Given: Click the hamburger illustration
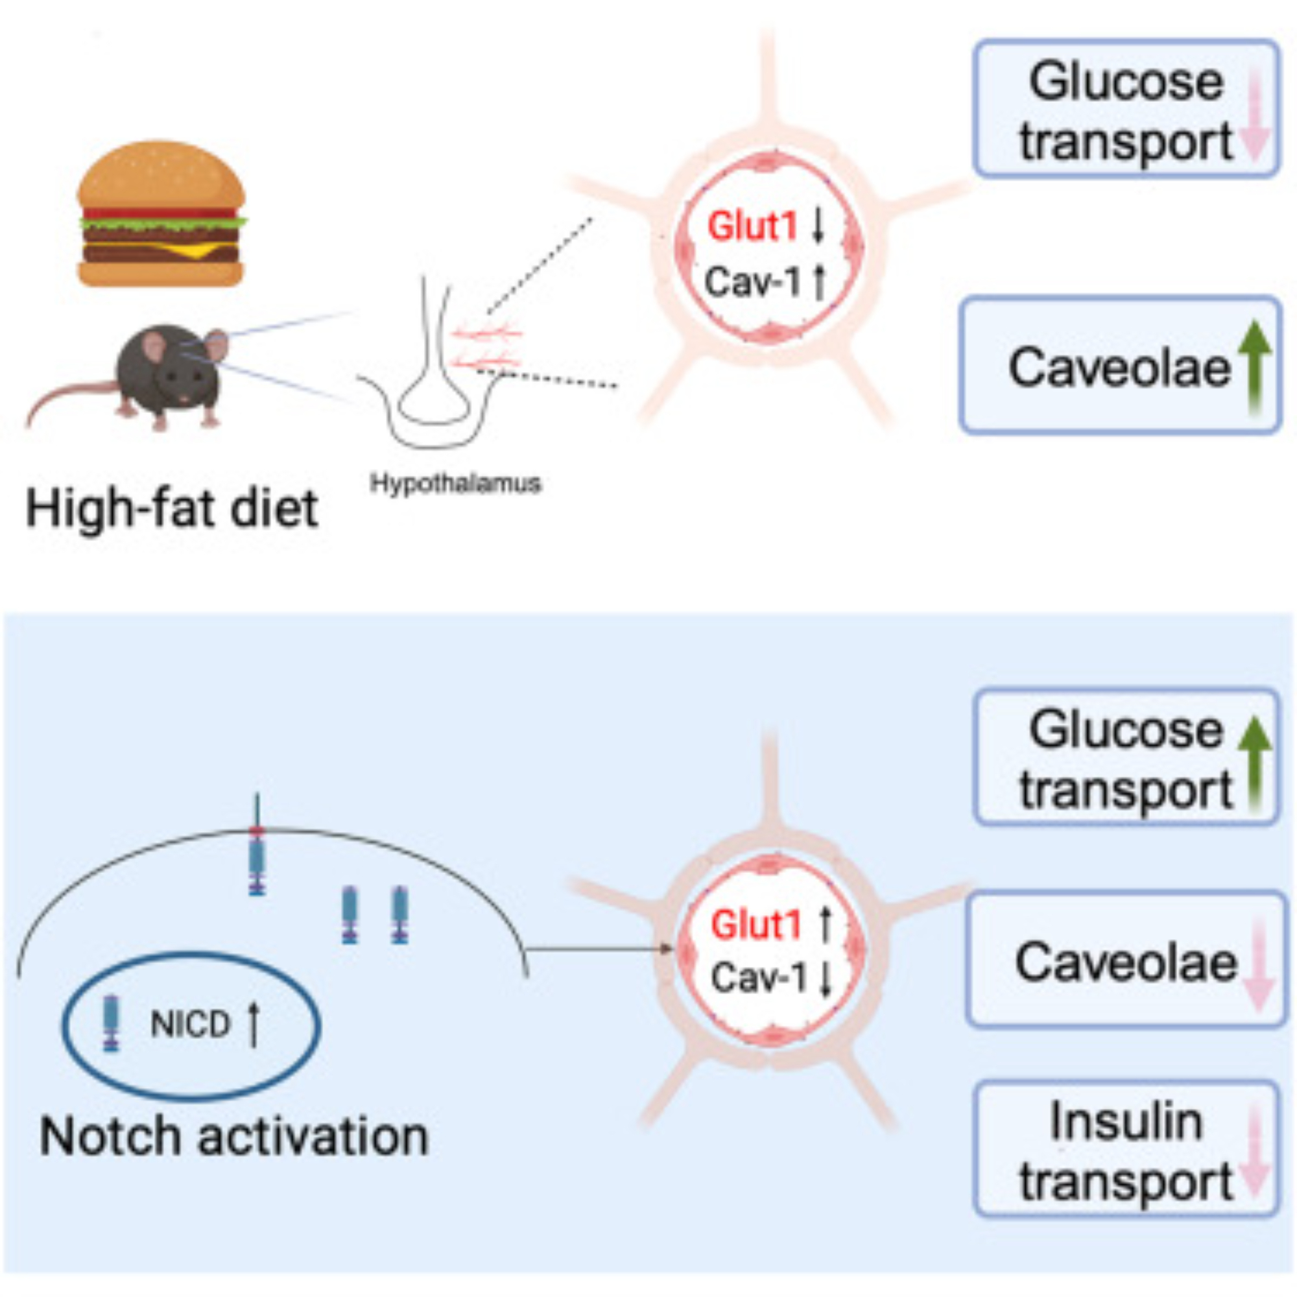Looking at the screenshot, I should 161,213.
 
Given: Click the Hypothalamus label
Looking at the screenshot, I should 456,483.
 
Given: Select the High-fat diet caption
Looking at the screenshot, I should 172,509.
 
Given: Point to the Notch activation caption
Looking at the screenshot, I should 233,1137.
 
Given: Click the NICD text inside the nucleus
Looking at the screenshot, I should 191,1025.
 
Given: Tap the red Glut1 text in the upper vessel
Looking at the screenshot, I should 752,227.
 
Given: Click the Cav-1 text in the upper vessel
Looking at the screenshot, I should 752,282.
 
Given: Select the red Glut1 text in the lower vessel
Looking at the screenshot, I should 756,925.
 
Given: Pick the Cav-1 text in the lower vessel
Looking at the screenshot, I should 759,978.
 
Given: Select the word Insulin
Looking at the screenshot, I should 1126,1123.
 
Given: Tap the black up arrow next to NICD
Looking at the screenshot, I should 253,1025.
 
